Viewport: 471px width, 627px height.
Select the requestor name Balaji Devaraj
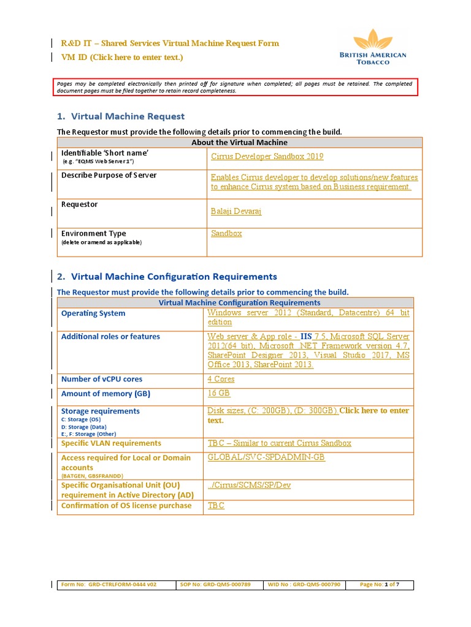pyautogui.click(x=236, y=211)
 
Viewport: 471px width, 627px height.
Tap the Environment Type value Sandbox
pyautogui.click(x=226, y=233)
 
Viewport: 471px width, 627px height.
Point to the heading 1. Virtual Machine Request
pyautogui.click(x=121, y=116)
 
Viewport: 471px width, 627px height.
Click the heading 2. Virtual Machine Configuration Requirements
pyautogui.click(x=167, y=277)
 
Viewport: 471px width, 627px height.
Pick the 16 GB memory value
pyautogui.click(x=219, y=394)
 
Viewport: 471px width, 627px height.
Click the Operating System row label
pyautogui.click(x=93, y=313)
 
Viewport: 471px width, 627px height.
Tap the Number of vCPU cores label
pyautogui.click(x=102, y=379)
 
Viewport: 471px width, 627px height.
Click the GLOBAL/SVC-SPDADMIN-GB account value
pyautogui.click(x=266, y=458)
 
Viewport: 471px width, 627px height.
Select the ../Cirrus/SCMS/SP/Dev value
pyautogui.click(x=249, y=486)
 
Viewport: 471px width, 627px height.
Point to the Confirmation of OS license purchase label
pyautogui.click(x=126, y=506)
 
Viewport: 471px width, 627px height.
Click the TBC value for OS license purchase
pyautogui.click(x=216, y=506)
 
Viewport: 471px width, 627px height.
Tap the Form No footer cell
pyautogui.click(x=109, y=585)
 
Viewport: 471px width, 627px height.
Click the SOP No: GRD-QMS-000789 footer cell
pyautogui.click(x=216, y=585)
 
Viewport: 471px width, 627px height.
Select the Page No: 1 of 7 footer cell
pyautogui.click(x=379, y=585)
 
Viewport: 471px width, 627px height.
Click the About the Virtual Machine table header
pyautogui.click(x=240, y=143)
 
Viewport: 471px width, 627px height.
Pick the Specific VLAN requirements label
pyautogui.click(x=111, y=443)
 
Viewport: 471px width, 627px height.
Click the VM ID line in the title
pyautogui.click(x=121, y=58)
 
